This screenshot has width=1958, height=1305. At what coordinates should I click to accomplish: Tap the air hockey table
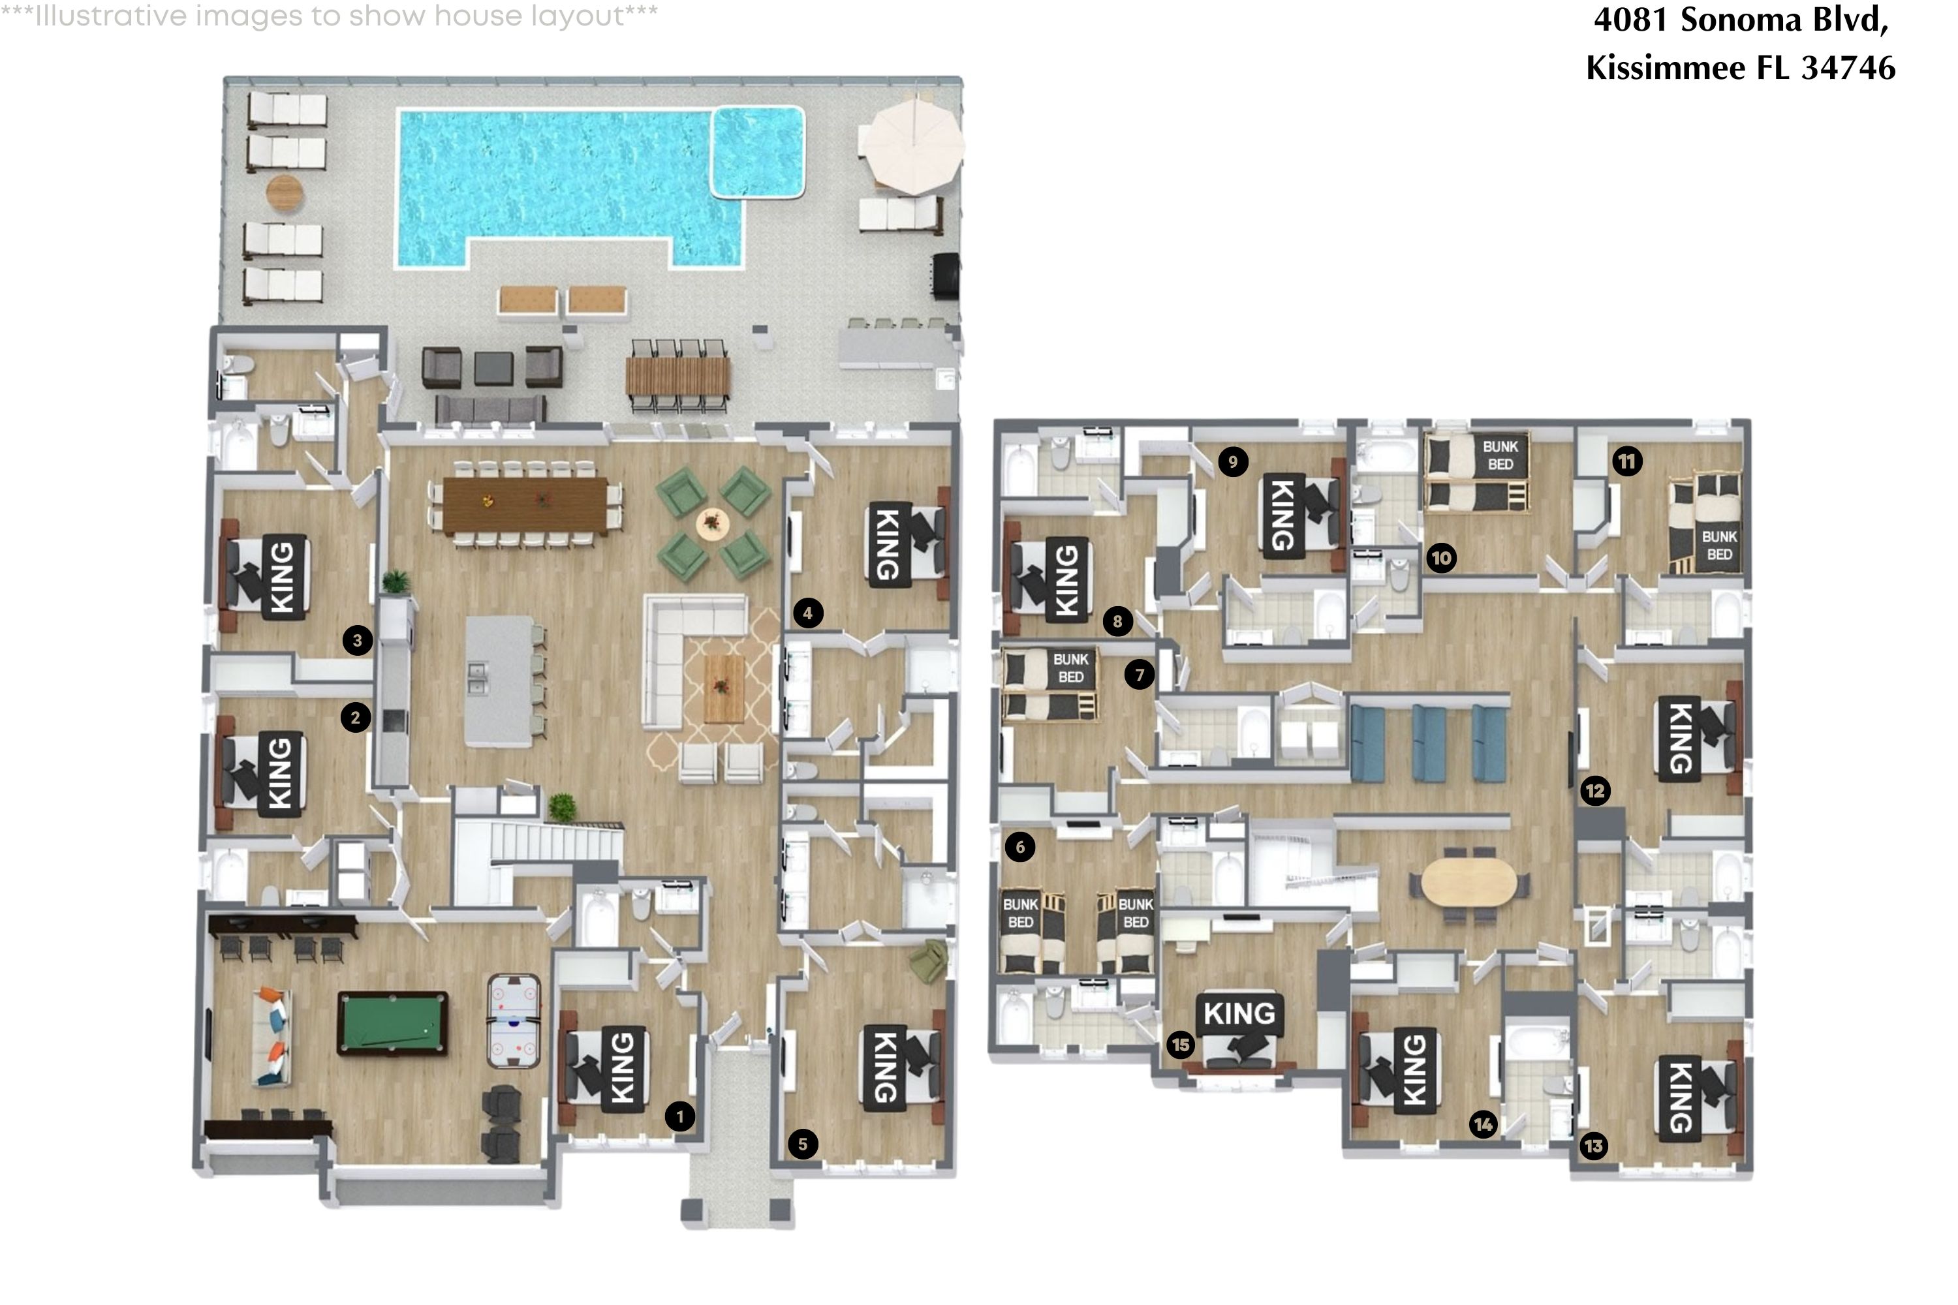[514, 1021]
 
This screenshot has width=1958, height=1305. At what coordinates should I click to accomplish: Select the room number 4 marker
[807, 613]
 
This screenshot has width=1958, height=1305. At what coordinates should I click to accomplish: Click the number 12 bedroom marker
[1595, 791]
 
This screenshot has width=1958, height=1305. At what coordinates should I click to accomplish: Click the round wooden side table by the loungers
[285, 193]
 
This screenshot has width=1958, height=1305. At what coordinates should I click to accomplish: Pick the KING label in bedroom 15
[1239, 1013]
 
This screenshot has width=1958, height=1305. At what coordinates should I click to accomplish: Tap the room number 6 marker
[1019, 847]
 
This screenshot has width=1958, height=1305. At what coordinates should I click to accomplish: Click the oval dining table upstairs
[1468, 882]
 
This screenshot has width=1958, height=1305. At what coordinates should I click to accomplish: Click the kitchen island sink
[478, 677]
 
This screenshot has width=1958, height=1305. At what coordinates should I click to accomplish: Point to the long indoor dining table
[525, 505]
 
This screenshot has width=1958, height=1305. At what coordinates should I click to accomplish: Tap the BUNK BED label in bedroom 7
[1070, 668]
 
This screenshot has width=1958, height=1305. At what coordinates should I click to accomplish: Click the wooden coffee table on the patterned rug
[723, 688]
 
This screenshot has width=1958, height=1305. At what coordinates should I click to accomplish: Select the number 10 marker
[1442, 558]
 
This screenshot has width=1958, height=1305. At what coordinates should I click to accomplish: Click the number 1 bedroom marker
[680, 1116]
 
